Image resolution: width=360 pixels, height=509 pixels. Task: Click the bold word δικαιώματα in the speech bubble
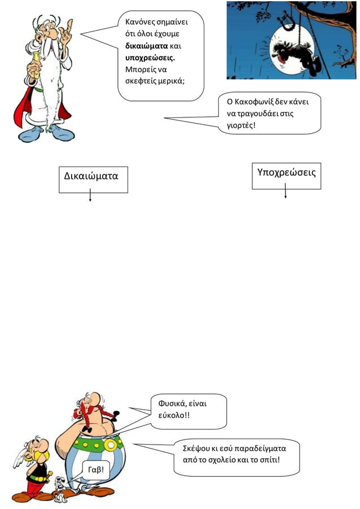pyautogui.click(x=146, y=46)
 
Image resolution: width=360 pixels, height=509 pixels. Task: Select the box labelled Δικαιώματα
pyautogui.click(x=93, y=179)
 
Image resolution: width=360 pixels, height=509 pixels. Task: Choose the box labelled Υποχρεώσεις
pyautogui.click(x=286, y=176)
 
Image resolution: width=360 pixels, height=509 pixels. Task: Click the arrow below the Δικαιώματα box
pyautogui.click(x=90, y=195)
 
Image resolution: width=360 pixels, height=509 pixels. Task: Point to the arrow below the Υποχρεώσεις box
pyautogui.click(x=286, y=191)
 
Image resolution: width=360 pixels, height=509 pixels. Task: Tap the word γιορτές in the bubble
pyautogui.click(x=241, y=126)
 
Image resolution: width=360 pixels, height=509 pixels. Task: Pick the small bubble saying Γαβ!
pyautogui.click(x=96, y=469)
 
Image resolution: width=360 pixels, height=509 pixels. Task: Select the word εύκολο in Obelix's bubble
pyautogui.click(x=171, y=415)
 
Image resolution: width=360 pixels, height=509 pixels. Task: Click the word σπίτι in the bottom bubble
pyautogui.click(x=268, y=460)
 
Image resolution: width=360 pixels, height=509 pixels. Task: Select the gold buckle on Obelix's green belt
pyautogui.click(x=111, y=445)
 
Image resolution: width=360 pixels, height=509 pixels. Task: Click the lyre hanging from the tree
pyautogui.click(x=287, y=21)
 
